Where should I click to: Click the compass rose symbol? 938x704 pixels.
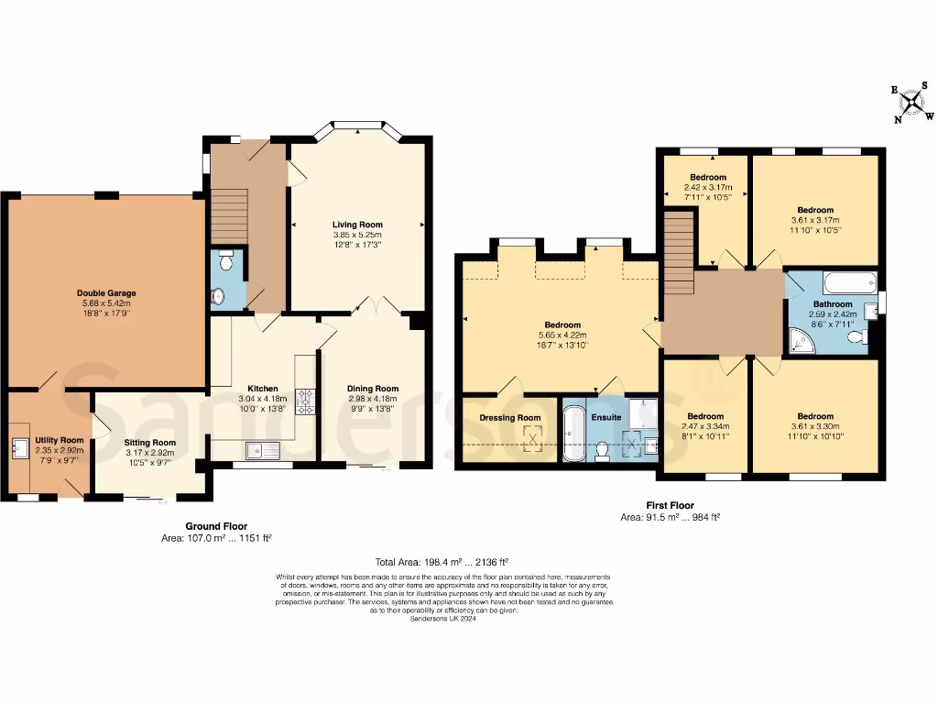[x=913, y=104]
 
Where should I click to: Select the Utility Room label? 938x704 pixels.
[x=60, y=440]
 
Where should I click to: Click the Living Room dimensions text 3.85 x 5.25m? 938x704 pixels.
[x=357, y=235]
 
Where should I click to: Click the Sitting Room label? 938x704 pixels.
[x=150, y=442]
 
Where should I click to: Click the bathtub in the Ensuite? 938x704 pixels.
[x=573, y=434]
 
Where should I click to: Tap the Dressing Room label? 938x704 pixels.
[x=510, y=418]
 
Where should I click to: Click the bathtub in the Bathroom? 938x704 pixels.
[x=849, y=281]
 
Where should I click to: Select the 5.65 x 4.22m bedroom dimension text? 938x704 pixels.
[x=562, y=335]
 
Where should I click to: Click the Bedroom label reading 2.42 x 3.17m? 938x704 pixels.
[x=708, y=187]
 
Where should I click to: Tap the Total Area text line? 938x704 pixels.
[x=442, y=561]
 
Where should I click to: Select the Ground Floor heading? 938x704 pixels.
[x=215, y=527]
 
